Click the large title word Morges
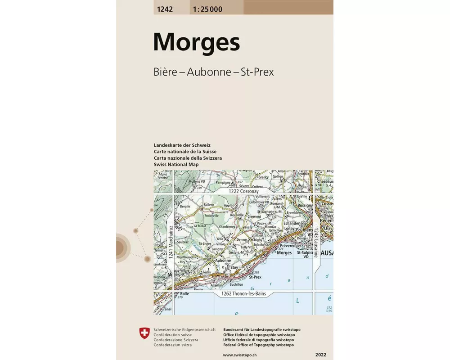point(196,42)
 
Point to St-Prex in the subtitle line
point(257,72)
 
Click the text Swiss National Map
point(176,165)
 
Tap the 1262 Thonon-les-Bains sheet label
point(243,294)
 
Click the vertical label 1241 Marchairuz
point(171,241)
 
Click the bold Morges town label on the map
point(284,253)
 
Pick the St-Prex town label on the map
point(255,277)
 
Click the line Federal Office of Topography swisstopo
point(258,345)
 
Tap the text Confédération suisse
point(172,335)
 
